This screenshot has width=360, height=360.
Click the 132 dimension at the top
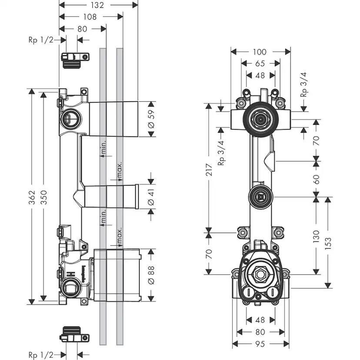(98, 5)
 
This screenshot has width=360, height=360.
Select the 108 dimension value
(91, 17)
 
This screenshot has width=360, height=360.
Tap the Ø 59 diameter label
(152, 119)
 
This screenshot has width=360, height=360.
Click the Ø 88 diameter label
(152, 274)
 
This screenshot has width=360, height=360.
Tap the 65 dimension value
(260, 63)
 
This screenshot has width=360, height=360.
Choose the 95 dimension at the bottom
(260, 344)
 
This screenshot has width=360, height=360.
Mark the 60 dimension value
(316, 179)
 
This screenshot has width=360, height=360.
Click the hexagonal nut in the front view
(260, 275)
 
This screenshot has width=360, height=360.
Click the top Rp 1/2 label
(40, 40)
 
